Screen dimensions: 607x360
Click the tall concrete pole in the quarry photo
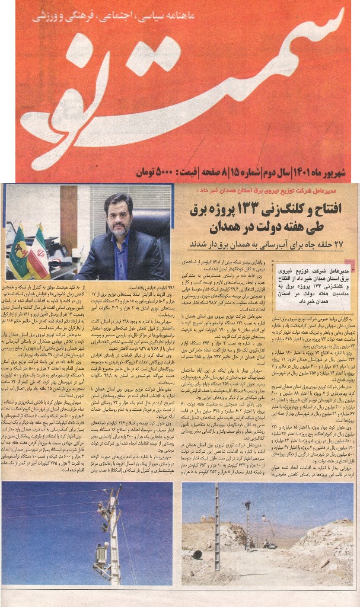(216, 542)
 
